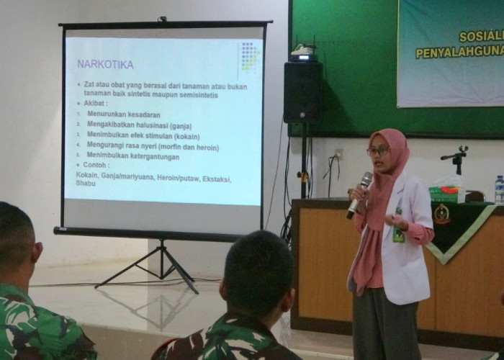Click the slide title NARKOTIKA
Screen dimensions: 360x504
(105, 65)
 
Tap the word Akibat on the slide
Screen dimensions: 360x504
(96, 103)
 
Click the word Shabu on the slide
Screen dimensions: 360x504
(86, 184)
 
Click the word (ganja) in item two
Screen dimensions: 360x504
(186, 125)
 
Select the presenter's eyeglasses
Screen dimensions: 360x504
(378, 151)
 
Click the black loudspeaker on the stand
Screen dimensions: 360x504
(302, 92)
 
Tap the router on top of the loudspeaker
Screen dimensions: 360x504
(305, 52)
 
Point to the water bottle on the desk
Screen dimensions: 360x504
(499, 189)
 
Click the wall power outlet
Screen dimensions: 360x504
(338, 154)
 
